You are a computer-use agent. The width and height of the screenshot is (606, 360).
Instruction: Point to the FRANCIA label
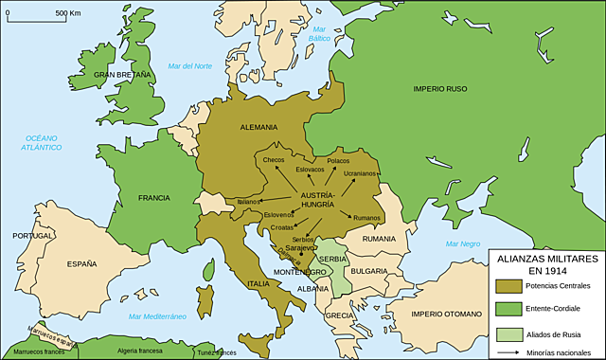coord(153,198)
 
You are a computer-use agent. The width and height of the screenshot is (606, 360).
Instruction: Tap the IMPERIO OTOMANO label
coord(445,315)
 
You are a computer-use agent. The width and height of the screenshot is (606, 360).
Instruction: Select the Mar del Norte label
coord(190,65)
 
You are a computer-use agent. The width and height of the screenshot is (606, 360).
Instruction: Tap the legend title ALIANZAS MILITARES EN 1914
coord(543,262)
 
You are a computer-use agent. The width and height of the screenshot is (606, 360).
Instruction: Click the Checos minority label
coord(274,160)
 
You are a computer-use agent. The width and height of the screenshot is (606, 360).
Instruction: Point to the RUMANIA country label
coord(378,239)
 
